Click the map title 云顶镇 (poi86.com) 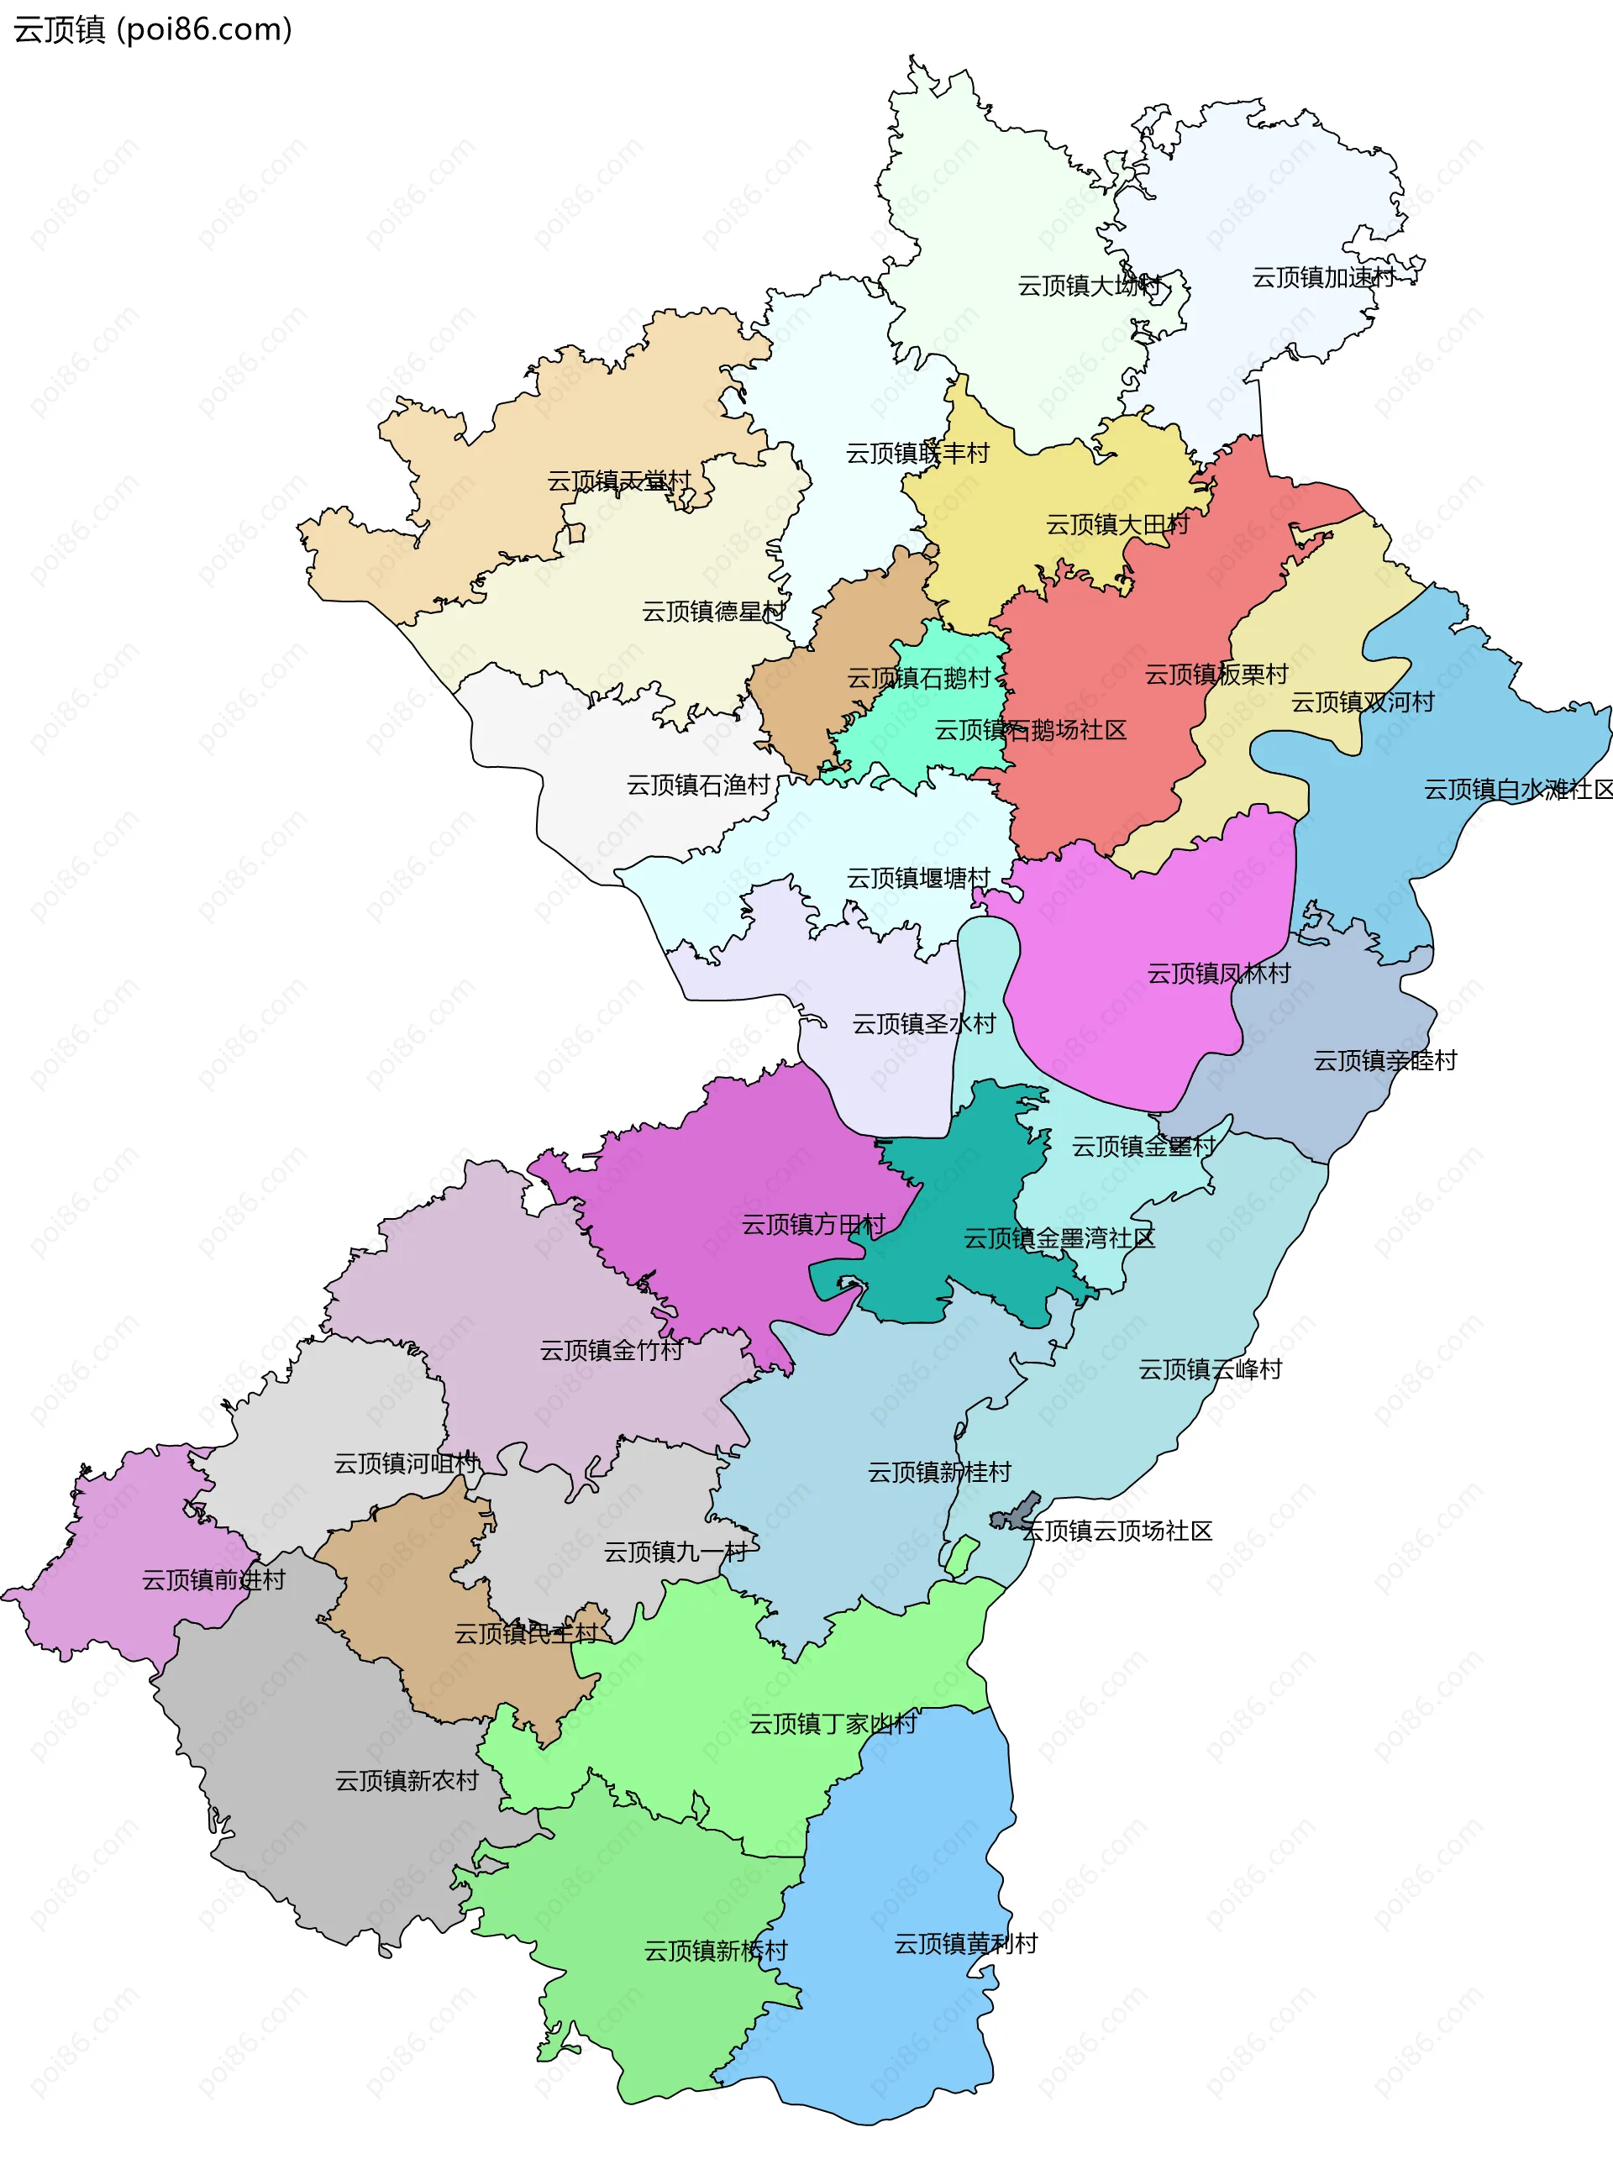click(x=152, y=29)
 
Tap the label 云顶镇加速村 click(x=1323, y=278)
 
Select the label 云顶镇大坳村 click(x=1090, y=286)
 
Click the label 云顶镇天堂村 click(x=618, y=481)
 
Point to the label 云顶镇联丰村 click(x=917, y=453)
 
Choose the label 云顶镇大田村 click(x=1117, y=525)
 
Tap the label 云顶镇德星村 click(x=712, y=612)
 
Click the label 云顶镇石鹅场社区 click(x=1030, y=730)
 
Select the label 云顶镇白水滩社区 click(x=1517, y=789)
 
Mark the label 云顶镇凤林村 click(x=1217, y=974)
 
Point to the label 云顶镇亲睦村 click(x=1384, y=1060)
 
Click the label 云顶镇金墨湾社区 click(x=1059, y=1239)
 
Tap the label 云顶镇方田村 click(x=813, y=1224)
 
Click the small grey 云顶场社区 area click(x=1016, y=1513)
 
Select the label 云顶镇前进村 click(x=213, y=1579)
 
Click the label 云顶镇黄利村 click(x=964, y=1944)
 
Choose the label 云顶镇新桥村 click(x=715, y=1951)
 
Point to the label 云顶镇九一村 click(x=675, y=1552)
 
